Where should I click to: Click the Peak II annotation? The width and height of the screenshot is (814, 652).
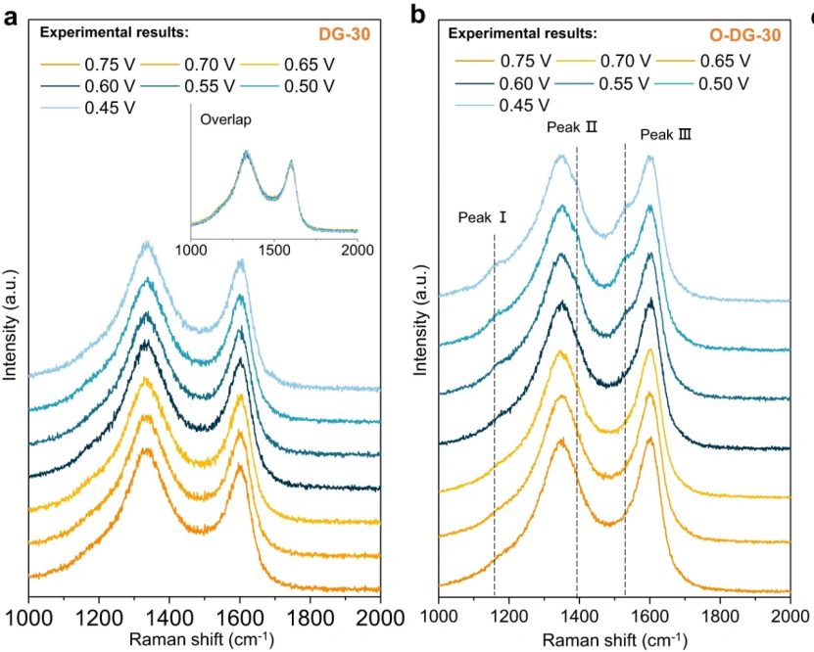click(x=572, y=127)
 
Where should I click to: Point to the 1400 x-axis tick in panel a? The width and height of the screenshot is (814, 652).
click(x=169, y=618)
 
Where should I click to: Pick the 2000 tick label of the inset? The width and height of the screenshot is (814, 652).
click(x=357, y=250)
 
